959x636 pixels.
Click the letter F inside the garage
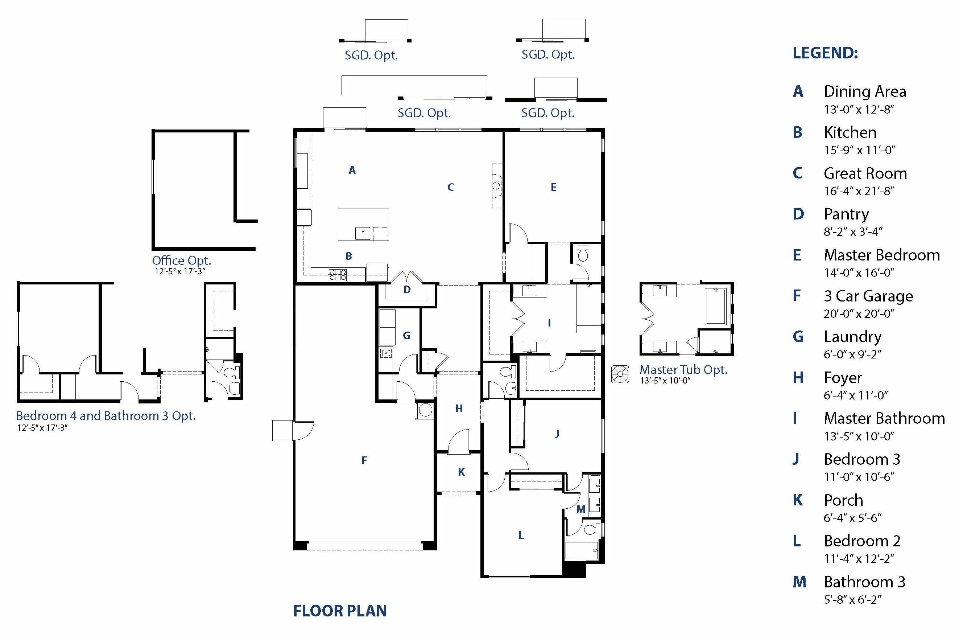364,460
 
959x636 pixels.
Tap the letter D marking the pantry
407,290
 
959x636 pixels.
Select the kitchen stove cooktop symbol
338,275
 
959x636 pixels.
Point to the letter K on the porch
461,472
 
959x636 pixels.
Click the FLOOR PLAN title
340,611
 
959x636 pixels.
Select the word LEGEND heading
825,53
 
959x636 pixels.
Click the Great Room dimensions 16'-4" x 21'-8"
859,191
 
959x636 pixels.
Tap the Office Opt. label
181,260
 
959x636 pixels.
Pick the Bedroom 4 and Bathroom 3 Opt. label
106,416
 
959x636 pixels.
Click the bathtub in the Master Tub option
715,306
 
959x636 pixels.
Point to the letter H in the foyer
459,409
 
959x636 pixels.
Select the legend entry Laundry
852,337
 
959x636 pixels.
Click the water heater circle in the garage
425,410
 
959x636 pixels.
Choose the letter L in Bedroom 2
521,535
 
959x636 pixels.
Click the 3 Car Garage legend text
868,296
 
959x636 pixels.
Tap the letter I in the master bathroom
549,323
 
